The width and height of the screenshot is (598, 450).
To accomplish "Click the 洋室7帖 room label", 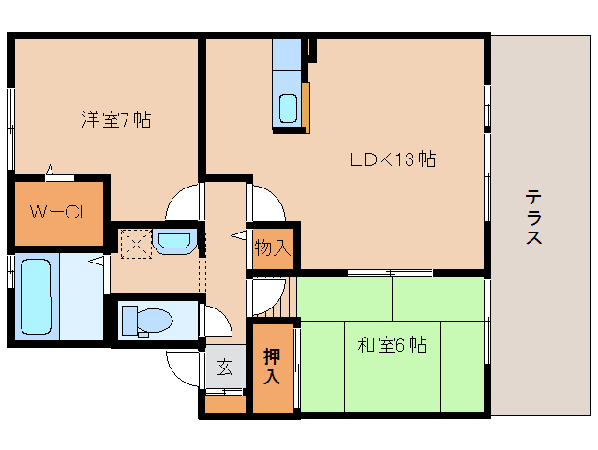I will (116, 119).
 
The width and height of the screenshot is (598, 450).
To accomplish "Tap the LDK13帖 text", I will (393, 158).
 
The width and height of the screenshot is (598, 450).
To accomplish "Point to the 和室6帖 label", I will (392, 344).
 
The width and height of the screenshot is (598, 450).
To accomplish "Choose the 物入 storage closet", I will (273, 247).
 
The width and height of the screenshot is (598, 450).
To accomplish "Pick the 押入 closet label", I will (272, 367).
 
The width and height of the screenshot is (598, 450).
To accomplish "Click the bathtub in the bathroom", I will (35, 295).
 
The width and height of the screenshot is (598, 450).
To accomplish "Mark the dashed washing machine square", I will (135, 242).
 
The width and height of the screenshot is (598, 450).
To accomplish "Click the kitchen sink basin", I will (288, 109).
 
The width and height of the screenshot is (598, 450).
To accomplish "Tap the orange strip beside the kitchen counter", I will (305, 108).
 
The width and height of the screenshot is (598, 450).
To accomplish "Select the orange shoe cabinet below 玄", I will (225, 405).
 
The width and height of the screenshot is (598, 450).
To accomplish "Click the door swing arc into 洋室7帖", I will (185, 199).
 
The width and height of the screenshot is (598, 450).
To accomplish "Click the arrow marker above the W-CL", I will (54, 171).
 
